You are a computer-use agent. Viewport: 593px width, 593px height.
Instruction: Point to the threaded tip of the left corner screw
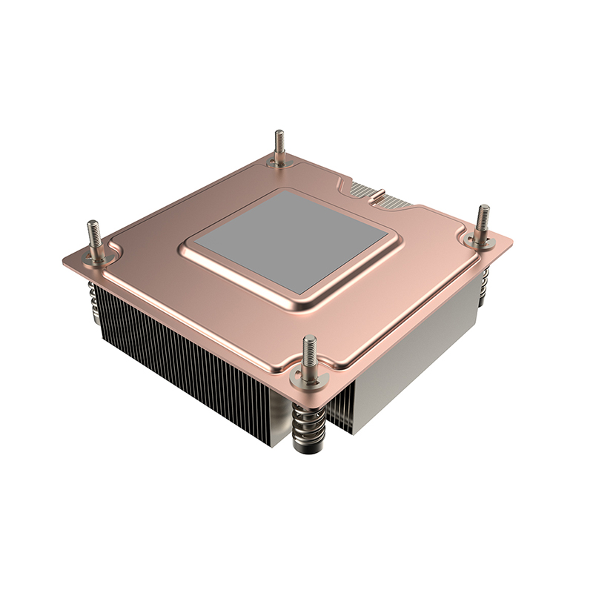coord(93,229)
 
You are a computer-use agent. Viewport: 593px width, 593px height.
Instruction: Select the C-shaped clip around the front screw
coord(311,377)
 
